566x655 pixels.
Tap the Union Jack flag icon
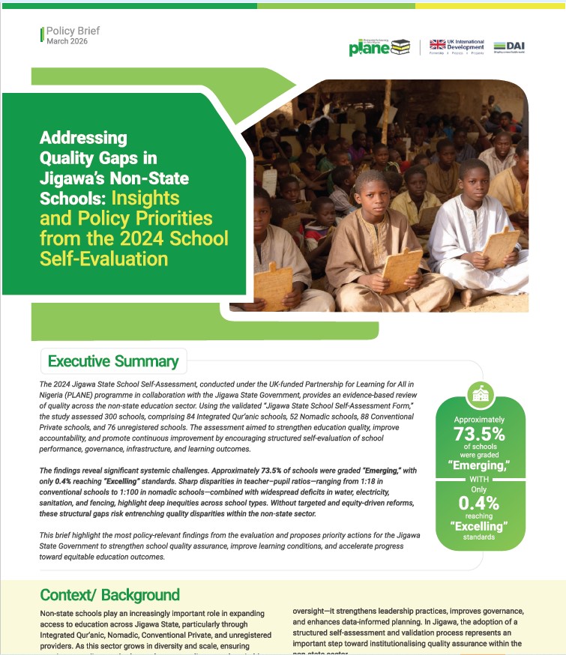438,45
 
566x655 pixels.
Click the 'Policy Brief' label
73,31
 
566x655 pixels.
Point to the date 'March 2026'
67,42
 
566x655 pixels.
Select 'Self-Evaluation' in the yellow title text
104,259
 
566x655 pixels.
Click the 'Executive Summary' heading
113,362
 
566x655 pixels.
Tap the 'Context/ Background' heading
109,595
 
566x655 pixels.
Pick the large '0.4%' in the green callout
480,504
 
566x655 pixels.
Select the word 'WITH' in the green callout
480,479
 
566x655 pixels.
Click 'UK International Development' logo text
466,44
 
